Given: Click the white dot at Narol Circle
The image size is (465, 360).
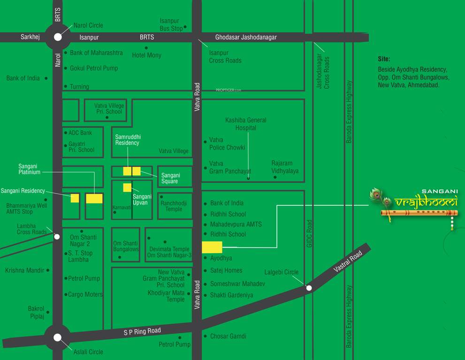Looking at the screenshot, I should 58,37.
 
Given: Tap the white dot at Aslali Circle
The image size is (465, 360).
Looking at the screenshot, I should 57,337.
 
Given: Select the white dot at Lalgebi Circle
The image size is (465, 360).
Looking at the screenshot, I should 309,288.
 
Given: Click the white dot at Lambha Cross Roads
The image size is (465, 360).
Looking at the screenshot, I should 57,237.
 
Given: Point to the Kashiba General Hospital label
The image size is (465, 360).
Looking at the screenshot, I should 246,124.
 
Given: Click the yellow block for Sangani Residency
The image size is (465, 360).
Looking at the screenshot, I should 75,198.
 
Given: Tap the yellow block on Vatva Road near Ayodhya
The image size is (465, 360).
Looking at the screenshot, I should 212,247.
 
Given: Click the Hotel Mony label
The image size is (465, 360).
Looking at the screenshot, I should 146,55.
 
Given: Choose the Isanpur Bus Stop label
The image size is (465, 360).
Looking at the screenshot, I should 171,24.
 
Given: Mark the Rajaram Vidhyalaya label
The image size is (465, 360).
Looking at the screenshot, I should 285,167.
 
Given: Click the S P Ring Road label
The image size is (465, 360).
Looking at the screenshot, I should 142,331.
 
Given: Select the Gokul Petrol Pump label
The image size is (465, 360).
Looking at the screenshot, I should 94,68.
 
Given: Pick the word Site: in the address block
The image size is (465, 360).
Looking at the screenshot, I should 384,59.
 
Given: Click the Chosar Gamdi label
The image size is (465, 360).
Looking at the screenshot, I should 228,336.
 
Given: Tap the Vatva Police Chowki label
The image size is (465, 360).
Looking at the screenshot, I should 227,143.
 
